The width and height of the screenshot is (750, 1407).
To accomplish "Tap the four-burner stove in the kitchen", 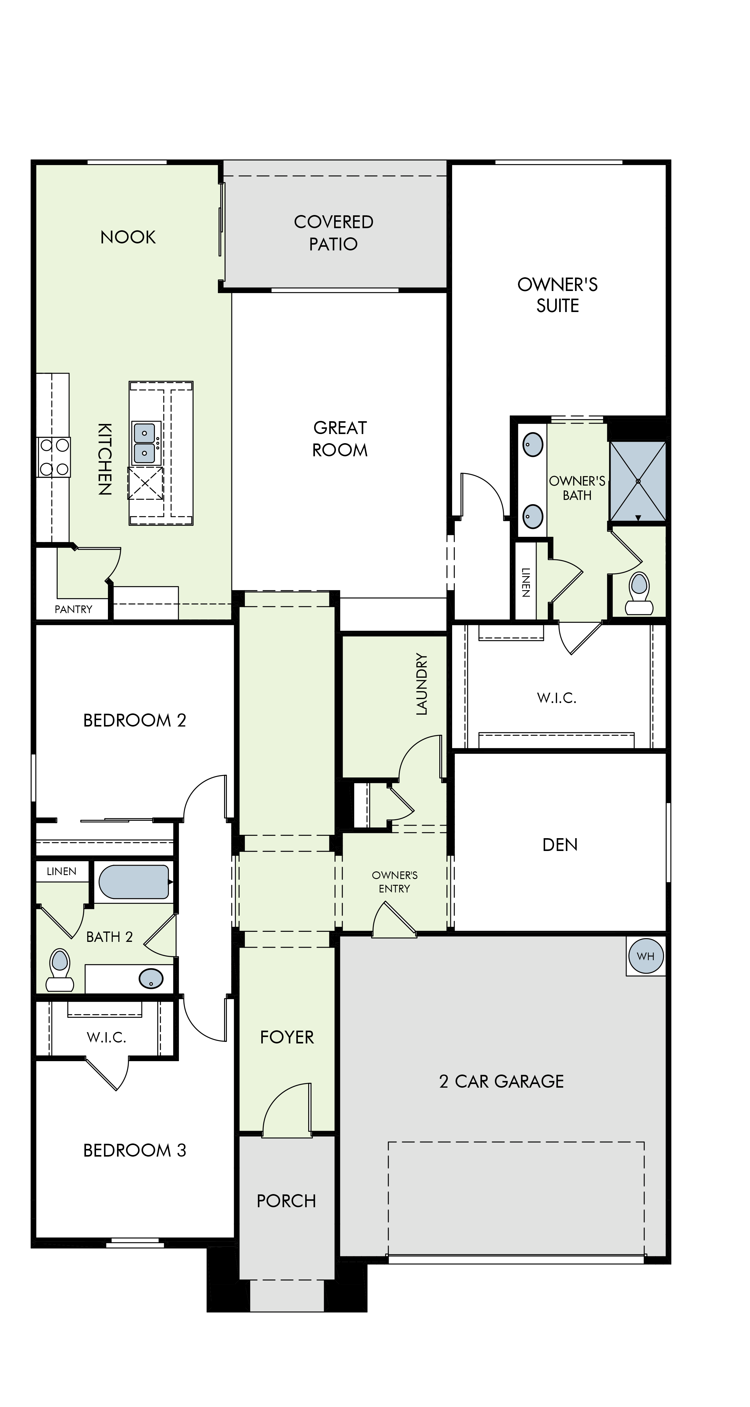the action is pos(53,457).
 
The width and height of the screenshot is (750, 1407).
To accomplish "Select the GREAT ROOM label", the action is pos(340,439).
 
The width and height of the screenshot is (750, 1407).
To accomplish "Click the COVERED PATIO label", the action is pos(334,233).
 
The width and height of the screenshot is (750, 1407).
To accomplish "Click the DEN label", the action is pos(560,845).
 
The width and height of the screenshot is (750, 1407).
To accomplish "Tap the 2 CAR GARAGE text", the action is pos(502,1081).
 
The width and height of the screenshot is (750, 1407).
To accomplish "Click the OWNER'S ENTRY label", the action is pos(395,881).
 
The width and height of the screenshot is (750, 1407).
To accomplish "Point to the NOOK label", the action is pos(128,237).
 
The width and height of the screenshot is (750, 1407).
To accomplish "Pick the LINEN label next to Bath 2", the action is pos(62,871).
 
